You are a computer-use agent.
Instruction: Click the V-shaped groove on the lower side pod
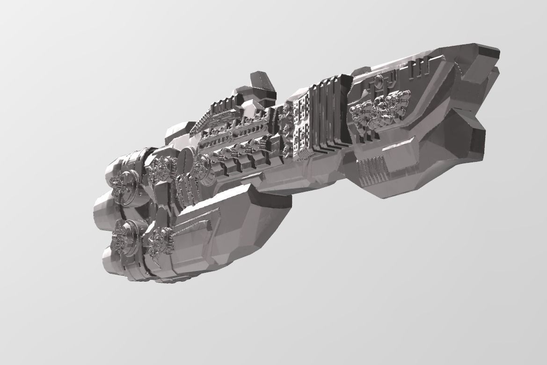(x=197, y=222)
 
